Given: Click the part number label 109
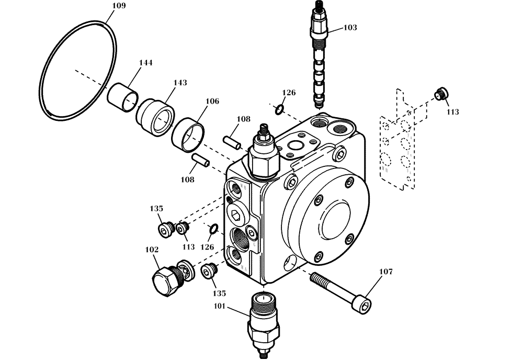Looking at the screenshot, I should tap(119, 6).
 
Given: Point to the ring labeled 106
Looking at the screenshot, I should tap(187, 133).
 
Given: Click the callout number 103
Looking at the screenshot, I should tap(350, 27).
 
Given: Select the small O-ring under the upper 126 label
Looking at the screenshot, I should tap(280, 109).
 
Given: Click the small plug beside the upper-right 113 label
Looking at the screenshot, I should tap(441, 94).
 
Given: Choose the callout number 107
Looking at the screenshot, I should tap(385, 272).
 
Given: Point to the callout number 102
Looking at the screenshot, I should tap(151, 250).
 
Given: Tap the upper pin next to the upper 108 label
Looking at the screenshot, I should tap(231, 142).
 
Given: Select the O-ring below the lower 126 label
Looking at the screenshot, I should tap(212, 229).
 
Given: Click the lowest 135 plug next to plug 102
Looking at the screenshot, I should tap(209, 272).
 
